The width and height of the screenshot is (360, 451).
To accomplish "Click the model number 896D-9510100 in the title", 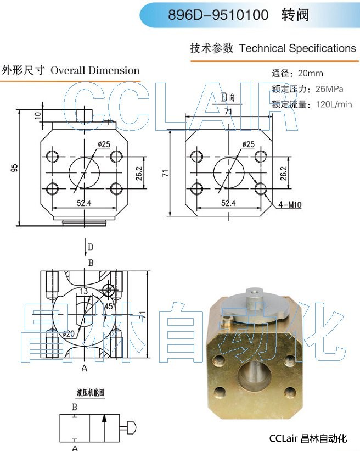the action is click(218, 15).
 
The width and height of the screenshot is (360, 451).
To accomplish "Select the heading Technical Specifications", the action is click(297, 48).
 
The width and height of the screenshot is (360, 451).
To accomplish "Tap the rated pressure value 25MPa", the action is click(329, 89).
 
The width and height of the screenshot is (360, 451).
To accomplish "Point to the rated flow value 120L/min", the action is click(334, 104).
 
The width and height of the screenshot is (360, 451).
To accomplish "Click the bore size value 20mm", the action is click(310, 74).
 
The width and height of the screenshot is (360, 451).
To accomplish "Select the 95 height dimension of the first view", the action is click(14, 168).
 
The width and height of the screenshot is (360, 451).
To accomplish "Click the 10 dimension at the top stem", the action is click(38, 115).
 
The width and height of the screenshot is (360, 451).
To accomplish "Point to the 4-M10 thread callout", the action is click(290, 205).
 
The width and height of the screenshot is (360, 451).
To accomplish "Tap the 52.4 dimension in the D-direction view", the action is click(228, 203).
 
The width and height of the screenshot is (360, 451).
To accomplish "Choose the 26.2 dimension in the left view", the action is click(139, 173).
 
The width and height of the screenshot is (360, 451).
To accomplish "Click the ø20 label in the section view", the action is click(69, 333).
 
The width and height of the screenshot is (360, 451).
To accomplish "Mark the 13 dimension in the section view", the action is click(84, 291).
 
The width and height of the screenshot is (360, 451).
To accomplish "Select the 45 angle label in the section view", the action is click(109, 306).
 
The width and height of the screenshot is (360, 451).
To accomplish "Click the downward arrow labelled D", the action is click(86, 247).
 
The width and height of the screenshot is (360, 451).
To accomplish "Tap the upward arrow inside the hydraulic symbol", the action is click(105, 428).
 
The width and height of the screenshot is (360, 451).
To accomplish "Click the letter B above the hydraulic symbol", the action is click(75, 407).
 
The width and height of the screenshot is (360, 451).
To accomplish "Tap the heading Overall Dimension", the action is click(95, 70).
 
